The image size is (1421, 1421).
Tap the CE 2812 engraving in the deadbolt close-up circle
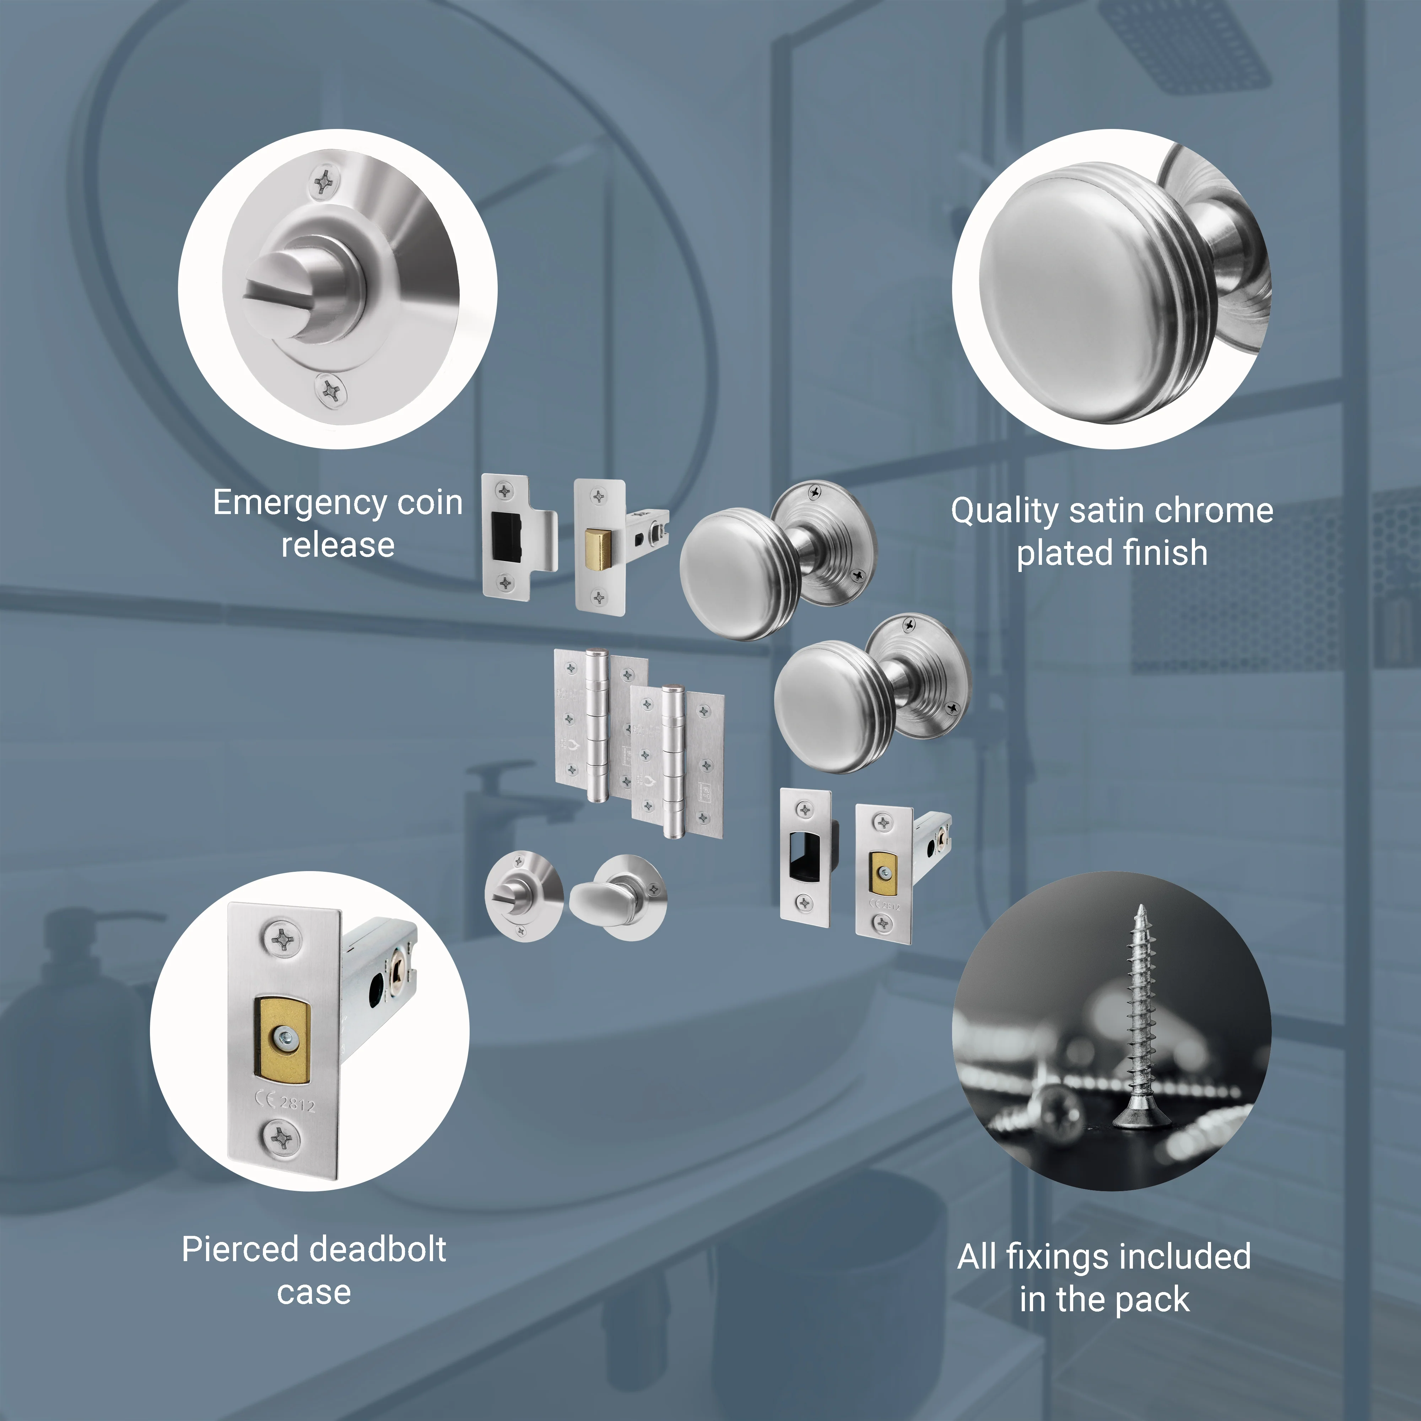tap(285, 1103)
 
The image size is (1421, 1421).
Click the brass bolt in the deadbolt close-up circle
tap(282, 1039)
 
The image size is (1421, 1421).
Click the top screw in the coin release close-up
tap(324, 181)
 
